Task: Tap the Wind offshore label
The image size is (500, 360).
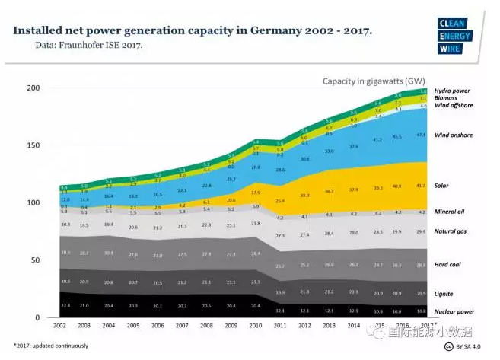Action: click(452, 106)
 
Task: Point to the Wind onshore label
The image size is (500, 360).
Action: click(453, 135)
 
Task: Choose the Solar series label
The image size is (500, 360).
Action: click(441, 186)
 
